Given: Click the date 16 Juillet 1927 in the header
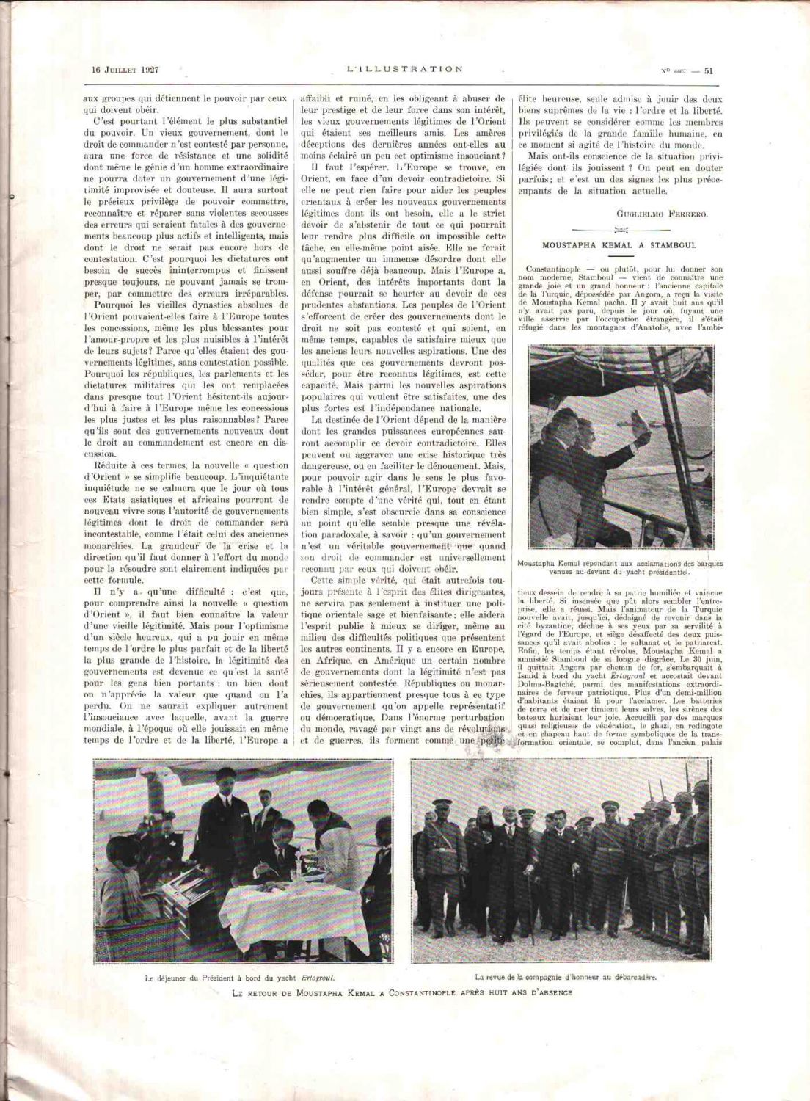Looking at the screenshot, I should (125, 70).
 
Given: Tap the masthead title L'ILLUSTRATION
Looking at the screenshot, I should (405, 69).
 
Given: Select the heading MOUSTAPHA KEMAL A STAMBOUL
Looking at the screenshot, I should (619, 244).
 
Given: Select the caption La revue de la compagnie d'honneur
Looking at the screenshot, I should (565, 977).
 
